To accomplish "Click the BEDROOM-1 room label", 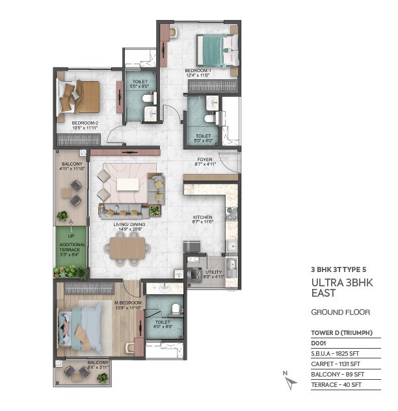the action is coord(198,71).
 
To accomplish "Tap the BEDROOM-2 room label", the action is coord(85,123).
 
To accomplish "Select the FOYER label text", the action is coord(205,159).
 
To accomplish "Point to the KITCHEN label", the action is coord(202,217).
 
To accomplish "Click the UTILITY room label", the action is coord(214,272).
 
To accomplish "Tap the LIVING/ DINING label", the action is coord(129,225).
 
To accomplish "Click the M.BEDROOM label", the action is coord(128,303).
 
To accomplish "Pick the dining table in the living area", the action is coord(127,248).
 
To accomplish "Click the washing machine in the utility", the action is coord(194,274).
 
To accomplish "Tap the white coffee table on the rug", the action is coord(127,184).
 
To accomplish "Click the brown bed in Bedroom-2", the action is coord(79,97).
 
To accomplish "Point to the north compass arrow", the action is coord(291,382).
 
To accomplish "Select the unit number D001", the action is coord(319,343).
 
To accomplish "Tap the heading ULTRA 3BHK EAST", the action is coord(342,288).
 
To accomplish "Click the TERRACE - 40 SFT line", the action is coord(336,384).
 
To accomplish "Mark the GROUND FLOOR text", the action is coord(341,312).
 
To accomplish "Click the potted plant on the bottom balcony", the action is coord(102,378).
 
